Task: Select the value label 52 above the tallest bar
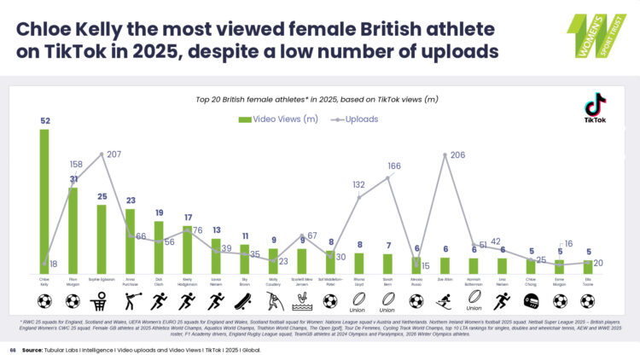click(44, 121)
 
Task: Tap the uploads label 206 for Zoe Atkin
click(457, 154)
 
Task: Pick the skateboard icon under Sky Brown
click(245, 300)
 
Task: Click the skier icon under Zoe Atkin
click(445, 300)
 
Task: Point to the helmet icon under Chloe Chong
click(531, 300)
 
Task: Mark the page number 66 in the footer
click(12, 350)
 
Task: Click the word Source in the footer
click(33, 350)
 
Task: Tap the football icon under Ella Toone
click(589, 300)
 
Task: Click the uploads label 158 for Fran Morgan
click(75, 164)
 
